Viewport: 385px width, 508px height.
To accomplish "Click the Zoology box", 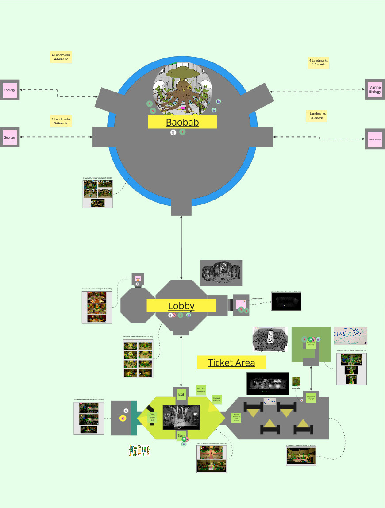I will (x=9, y=90).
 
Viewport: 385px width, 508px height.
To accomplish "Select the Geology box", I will (x=9, y=137).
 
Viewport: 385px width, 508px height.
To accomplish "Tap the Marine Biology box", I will (x=374, y=90).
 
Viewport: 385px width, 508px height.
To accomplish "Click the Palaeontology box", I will (x=374, y=139).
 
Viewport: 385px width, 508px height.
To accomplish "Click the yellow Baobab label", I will (x=182, y=122).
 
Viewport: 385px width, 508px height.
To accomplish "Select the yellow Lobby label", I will (x=181, y=306).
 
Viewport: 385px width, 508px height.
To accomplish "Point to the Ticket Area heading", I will (x=231, y=362).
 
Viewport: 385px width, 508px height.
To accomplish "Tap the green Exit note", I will (x=181, y=394).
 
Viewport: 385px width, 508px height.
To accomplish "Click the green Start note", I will (x=181, y=435).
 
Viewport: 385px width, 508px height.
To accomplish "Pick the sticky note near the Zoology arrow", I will (x=61, y=57).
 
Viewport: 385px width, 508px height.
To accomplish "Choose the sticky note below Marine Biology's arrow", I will (x=316, y=116).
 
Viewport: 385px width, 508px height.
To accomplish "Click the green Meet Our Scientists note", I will (x=201, y=390).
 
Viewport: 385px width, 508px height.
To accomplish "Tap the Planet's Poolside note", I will (x=216, y=399).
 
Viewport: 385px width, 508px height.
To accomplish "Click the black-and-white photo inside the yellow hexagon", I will (x=181, y=417).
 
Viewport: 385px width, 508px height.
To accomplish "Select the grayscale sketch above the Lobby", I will (x=221, y=273).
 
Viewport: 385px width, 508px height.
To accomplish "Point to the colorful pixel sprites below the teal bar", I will (x=139, y=451).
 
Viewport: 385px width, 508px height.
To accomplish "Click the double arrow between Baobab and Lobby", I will (x=181, y=248).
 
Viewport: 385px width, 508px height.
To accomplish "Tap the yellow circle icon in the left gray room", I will (x=123, y=418).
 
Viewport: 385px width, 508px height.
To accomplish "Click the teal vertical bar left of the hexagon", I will (x=134, y=418).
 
